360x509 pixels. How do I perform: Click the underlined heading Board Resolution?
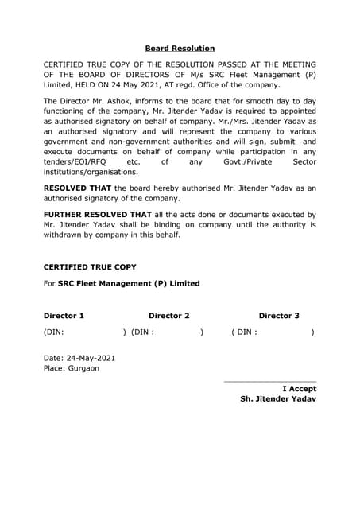pyautogui.click(x=180, y=49)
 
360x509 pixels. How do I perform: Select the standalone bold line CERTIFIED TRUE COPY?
pyautogui.click(x=89, y=267)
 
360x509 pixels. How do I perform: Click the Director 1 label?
pyautogui.click(x=64, y=316)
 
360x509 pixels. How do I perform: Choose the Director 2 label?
pyautogui.click(x=168, y=316)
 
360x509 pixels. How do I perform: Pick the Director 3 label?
pyautogui.click(x=279, y=316)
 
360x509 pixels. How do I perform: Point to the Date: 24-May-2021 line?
pyautogui.click(x=79, y=358)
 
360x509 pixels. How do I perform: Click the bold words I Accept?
pyautogui.click(x=300, y=389)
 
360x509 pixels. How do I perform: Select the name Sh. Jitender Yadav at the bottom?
pyautogui.click(x=277, y=399)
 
